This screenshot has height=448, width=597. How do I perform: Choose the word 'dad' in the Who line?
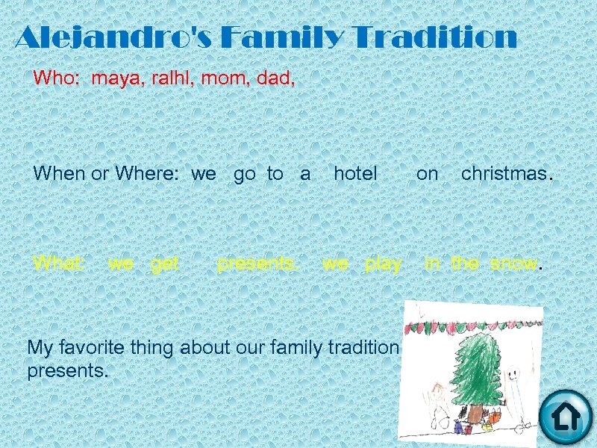274,78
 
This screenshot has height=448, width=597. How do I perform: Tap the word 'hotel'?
355,174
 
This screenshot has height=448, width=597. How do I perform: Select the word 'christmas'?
504,174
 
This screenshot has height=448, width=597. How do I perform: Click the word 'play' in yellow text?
384,264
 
